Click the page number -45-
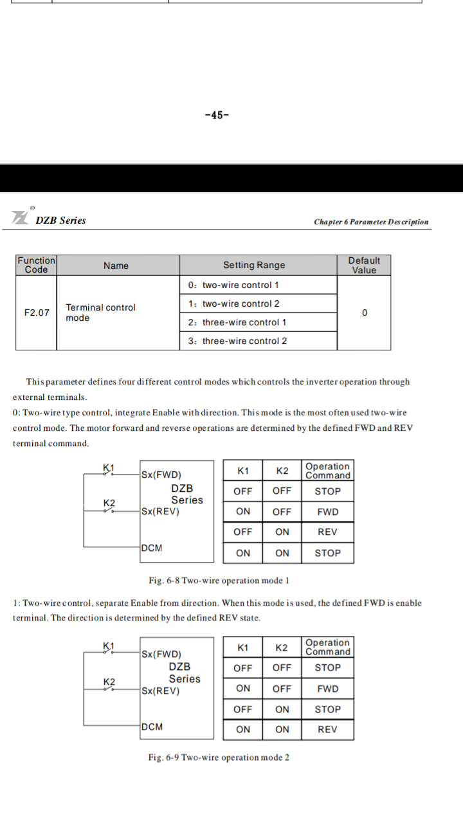pos(217,116)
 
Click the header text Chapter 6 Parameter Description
pos(371,222)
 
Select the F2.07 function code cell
pos(36,313)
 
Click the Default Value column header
pos(364,266)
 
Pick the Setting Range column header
pos(254,266)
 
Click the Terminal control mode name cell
pos(100,312)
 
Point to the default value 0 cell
pos(365,313)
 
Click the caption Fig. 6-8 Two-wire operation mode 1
pos(219,581)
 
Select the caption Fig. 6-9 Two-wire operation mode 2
pos(219,757)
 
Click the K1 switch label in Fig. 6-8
pos(109,467)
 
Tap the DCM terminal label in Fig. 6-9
pos(152,727)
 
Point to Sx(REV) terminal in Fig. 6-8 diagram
pos(161,512)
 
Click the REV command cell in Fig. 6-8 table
pos(327,532)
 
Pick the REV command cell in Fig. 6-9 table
pos(327,730)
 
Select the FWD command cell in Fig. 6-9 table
pos(327,689)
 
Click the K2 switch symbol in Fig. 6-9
pos(109,689)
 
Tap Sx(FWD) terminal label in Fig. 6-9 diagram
pos(161,655)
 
